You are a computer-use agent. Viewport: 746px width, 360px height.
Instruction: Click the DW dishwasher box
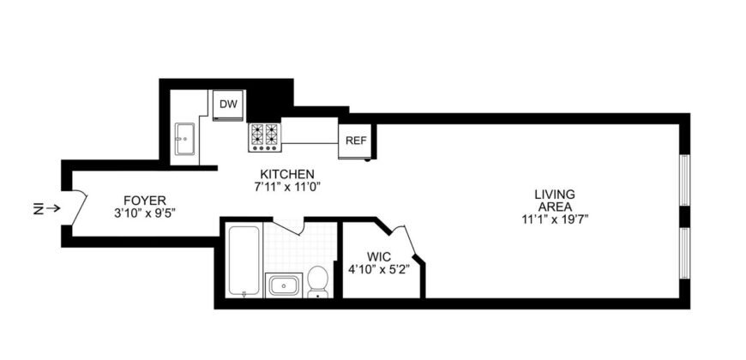(x=228, y=105)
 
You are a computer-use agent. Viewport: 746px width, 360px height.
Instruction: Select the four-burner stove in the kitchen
(x=265, y=137)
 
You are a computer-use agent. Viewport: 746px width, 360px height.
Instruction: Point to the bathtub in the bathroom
(x=245, y=260)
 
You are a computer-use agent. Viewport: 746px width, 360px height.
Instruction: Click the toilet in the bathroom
(x=318, y=280)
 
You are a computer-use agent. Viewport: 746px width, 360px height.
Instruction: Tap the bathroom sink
(x=282, y=284)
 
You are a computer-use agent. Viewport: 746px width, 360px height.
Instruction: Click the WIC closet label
(x=379, y=255)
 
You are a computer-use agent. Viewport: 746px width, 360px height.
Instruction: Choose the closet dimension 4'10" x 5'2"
(x=379, y=267)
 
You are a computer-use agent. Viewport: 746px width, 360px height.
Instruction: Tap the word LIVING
(x=555, y=194)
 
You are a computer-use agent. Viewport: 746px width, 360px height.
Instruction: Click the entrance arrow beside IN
(x=53, y=207)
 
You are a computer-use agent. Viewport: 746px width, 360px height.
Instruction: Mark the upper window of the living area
(x=684, y=180)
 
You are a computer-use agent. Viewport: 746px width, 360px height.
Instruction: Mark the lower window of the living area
(x=684, y=254)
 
